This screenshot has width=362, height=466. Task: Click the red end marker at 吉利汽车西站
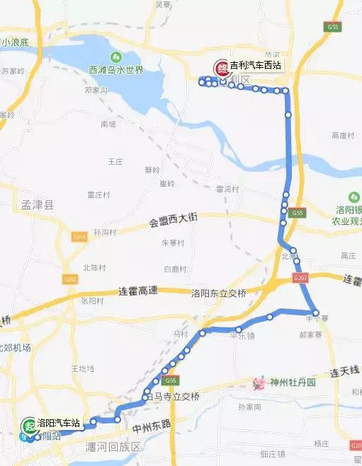click(x=221, y=66)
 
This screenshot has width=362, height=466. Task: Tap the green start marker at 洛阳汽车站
click(x=28, y=425)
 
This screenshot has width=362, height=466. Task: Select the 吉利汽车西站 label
click(x=255, y=66)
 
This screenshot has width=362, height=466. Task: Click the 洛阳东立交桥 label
click(x=218, y=293)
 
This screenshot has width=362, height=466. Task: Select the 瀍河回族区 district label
click(x=113, y=448)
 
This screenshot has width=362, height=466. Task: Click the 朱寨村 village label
click(x=173, y=243)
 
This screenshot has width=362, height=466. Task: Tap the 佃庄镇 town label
click(x=272, y=453)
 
